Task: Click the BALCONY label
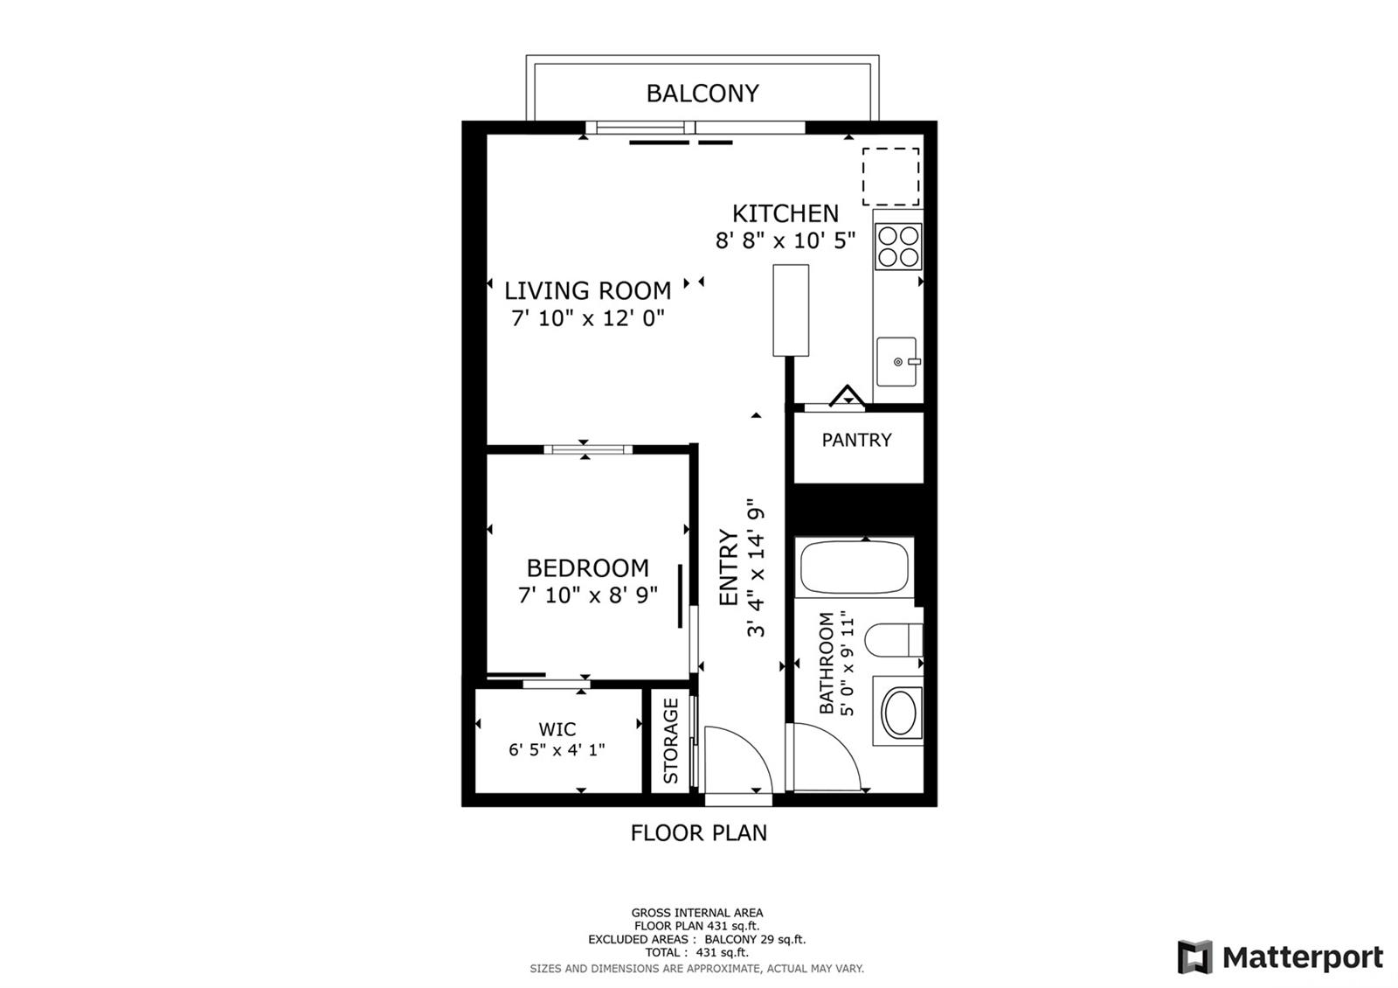(702, 94)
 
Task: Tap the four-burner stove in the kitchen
(898, 247)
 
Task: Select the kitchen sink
(896, 362)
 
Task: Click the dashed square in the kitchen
(890, 177)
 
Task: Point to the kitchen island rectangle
(791, 310)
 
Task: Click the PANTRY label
(856, 441)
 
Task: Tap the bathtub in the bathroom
(855, 567)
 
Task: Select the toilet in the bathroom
(894, 639)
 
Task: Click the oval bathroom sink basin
(900, 712)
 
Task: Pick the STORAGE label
(671, 741)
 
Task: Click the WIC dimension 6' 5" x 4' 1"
(557, 749)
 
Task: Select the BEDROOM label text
(588, 568)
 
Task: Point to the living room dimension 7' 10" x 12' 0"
(588, 318)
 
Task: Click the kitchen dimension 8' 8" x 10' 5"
(786, 240)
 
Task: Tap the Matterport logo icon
(1194, 957)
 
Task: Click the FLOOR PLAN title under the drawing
(698, 833)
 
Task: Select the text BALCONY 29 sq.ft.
(755, 939)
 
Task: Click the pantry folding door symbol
(847, 397)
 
